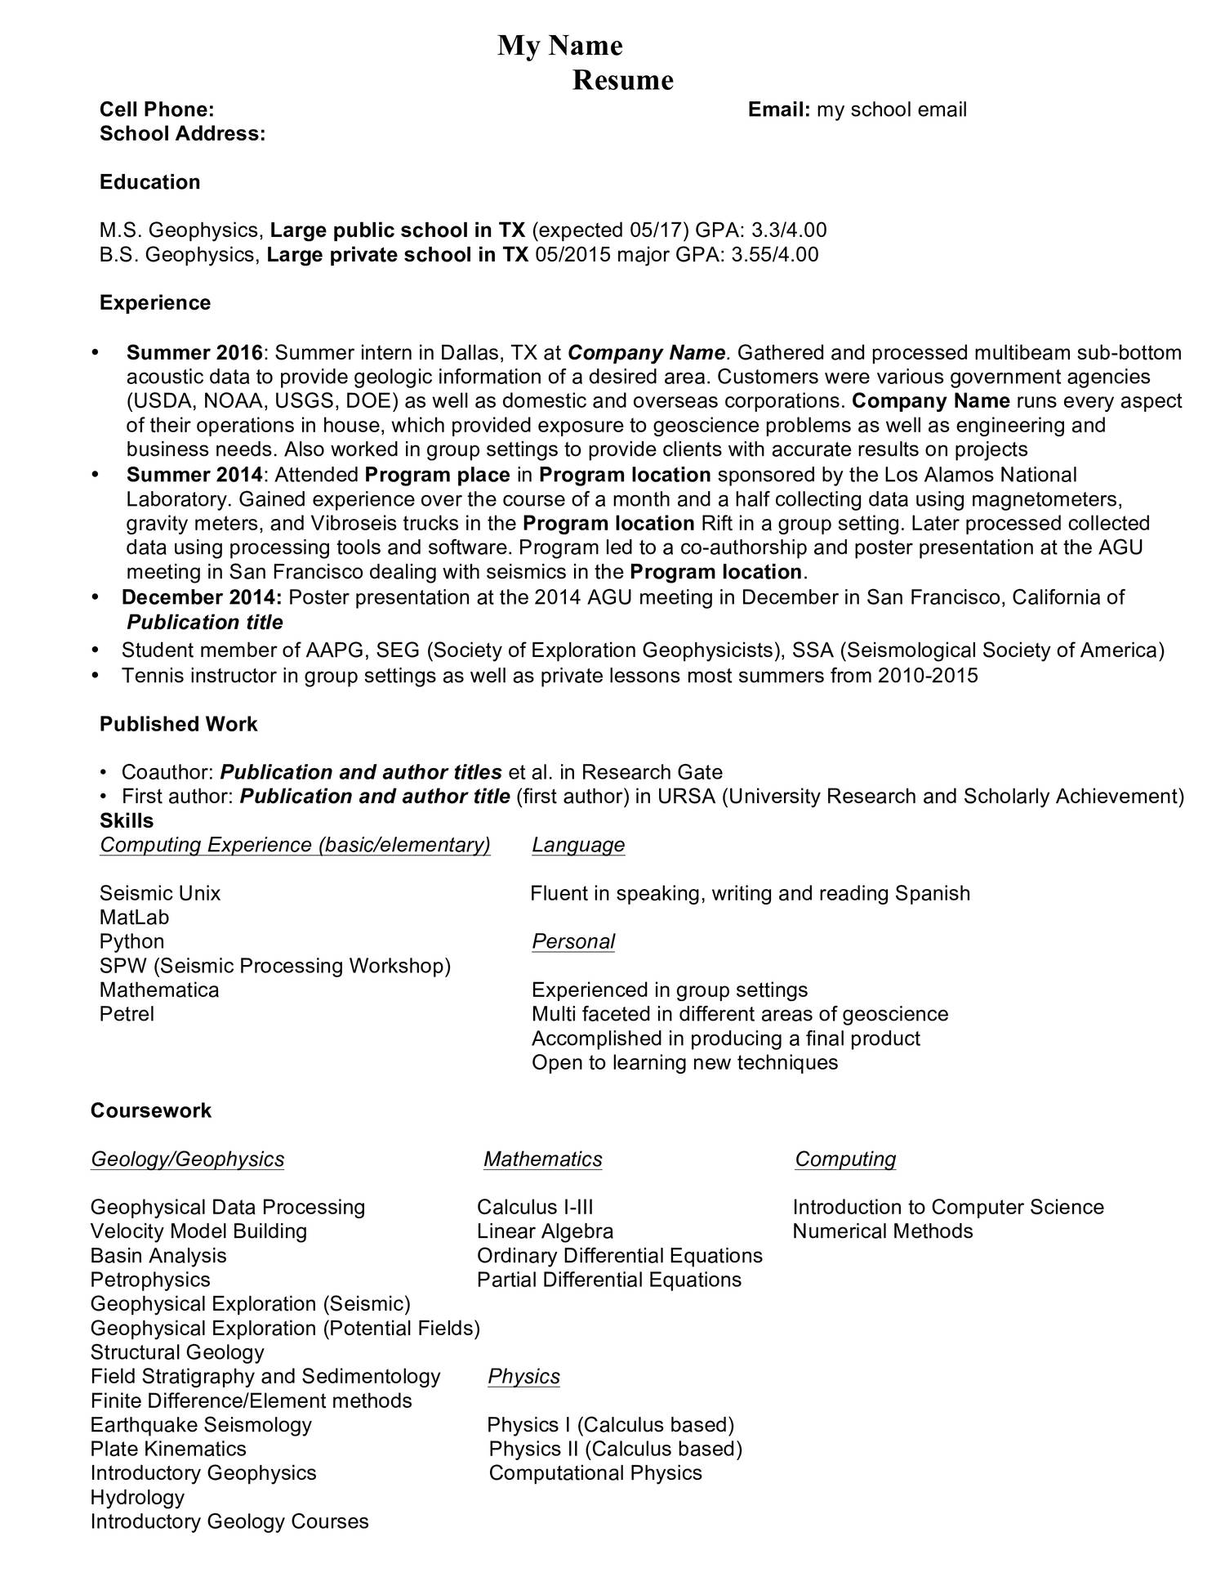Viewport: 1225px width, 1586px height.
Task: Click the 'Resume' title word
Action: tap(622, 80)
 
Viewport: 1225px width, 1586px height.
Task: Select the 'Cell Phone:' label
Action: tap(157, 109)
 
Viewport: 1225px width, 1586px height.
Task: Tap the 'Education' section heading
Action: tap(149, 181)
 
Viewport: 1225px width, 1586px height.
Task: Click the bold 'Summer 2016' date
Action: tap(194, 353)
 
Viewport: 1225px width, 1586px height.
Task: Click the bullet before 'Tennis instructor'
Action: tap(96, 676)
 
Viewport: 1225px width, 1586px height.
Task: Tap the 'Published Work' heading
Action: tap(178, 724)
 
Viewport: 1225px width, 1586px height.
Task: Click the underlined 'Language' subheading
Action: tap(578, 845)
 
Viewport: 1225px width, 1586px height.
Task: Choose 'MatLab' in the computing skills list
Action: tap(134, 918)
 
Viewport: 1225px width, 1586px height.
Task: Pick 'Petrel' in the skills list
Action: tap(127, 1014)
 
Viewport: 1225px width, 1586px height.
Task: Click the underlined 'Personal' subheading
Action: tap(573, 941)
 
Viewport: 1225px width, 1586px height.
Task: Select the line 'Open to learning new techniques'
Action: tap(684, 1062)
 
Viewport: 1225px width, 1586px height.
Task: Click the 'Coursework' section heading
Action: tap(150, 1110)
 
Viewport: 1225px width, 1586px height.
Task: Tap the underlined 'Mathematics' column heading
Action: tap(542, 1159)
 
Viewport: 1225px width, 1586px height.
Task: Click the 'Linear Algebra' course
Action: tap(545, 1231)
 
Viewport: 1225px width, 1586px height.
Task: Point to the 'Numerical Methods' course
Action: tap(882, 1231)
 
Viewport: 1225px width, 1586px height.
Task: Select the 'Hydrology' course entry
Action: tap(137, 1497)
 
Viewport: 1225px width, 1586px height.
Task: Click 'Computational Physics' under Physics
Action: tap(595, 1472)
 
